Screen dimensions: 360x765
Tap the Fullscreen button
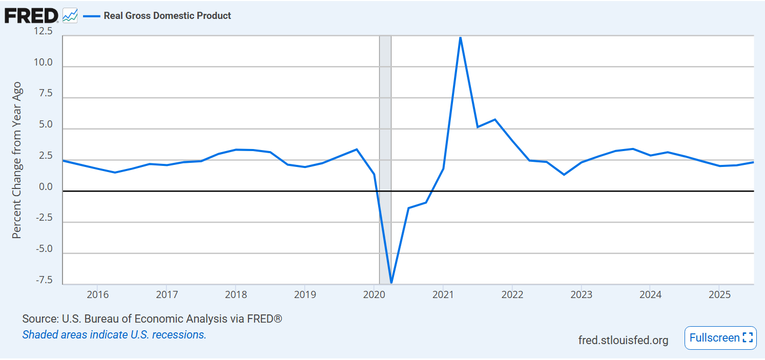coord(720,338)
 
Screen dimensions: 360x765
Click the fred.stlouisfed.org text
coord(623,340)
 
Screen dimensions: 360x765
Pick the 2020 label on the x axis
coord(374,295)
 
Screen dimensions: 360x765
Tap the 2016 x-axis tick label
coord(97,295)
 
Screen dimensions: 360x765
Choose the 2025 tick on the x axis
coord(719,295)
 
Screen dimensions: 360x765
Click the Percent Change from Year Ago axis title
coord(16,160)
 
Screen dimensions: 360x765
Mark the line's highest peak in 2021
coord(460,37)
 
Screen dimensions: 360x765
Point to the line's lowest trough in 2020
coord(391,282)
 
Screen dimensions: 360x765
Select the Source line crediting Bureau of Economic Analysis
coord(152,319)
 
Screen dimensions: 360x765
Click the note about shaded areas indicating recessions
coord(114,335)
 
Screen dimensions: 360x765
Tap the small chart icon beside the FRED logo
coord(70,16)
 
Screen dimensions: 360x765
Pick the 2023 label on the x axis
coord(581,295)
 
